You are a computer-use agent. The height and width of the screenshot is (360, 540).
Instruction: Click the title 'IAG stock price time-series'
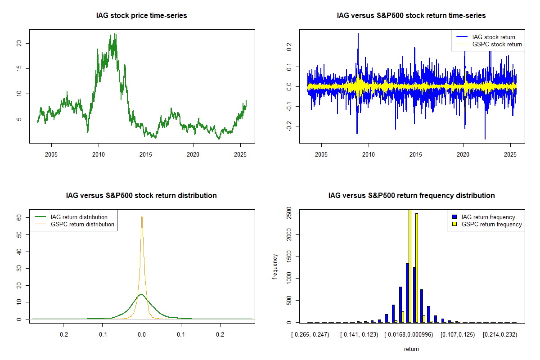pyautogui.click(x=141, y=16)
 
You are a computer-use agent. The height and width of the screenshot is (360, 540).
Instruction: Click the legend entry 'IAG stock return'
pyautogui.click(x=494, y=37)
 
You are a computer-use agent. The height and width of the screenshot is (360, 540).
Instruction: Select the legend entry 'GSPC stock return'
pyautogui.click(x=497, y=44)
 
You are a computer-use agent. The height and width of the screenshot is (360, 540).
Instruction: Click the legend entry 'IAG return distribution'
pyautogui.click(x=79, y=217)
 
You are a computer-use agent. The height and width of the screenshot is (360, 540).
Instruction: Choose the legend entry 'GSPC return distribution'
pyautogui.click(x=82, y=224)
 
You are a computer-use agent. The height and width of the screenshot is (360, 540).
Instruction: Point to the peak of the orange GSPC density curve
pyautogui.click(x=142, y=216)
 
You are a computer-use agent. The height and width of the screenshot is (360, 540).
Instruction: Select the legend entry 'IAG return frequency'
pyautogui.click(x=488, y=217)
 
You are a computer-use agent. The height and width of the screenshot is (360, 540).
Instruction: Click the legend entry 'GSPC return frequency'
pyautogui.click(x=491, y=224)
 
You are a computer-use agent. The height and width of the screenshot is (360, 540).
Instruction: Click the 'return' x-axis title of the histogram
pyautogui.click(x=411, y=349)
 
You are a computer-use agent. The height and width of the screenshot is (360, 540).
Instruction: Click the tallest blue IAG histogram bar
pyautogui.click(x=407, y=292)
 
